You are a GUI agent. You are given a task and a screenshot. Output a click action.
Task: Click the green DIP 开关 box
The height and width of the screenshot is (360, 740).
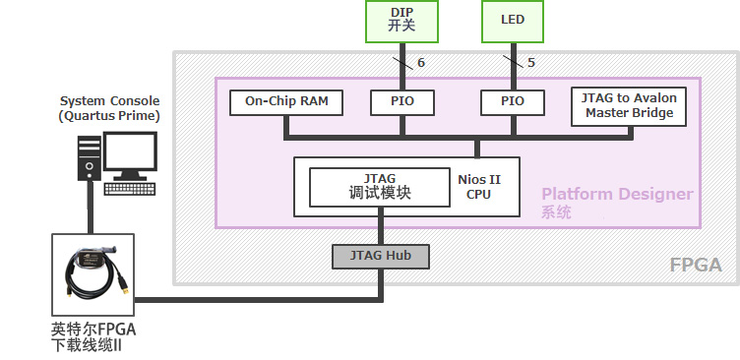click(401, 22)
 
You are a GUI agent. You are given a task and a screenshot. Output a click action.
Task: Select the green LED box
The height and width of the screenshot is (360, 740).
click(513, 22)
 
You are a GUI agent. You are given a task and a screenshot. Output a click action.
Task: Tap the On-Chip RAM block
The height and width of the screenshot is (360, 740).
click(286, 102)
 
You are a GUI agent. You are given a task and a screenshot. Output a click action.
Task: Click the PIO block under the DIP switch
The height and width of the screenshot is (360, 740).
click(402, 102)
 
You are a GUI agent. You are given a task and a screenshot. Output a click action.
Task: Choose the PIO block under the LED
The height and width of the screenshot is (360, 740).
click(513, 102)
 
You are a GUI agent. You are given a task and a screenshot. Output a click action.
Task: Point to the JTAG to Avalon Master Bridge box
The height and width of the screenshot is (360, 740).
click(629, 106)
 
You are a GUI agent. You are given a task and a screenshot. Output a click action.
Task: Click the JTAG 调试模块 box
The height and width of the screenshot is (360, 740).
click(380, 187)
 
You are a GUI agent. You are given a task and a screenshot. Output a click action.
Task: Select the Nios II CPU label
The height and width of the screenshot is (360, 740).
click(478, 187)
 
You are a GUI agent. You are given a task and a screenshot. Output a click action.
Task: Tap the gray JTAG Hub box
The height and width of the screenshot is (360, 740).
click(381, 256)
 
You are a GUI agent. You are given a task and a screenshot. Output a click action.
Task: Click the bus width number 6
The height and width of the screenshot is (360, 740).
click(421, 63)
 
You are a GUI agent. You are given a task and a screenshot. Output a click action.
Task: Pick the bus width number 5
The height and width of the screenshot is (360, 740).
click(531, 63)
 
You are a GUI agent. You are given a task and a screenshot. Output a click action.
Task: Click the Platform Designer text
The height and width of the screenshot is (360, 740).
click(617, 194)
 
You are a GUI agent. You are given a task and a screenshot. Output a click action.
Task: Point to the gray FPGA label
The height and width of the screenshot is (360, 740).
click(696, 266)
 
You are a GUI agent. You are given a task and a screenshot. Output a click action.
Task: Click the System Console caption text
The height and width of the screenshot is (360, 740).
click(109, 108)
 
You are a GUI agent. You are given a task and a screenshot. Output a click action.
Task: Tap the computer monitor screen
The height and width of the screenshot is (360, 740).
click(130, 151)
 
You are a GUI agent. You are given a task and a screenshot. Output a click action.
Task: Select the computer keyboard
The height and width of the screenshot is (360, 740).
click(130, 189)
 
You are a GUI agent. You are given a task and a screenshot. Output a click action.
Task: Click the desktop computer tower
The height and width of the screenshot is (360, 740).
click(90, 158)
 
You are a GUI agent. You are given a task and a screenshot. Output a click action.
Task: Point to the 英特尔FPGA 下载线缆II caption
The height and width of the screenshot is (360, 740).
click(93, 336)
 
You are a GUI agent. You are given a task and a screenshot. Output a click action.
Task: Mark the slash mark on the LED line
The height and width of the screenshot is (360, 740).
click(513, 62)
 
